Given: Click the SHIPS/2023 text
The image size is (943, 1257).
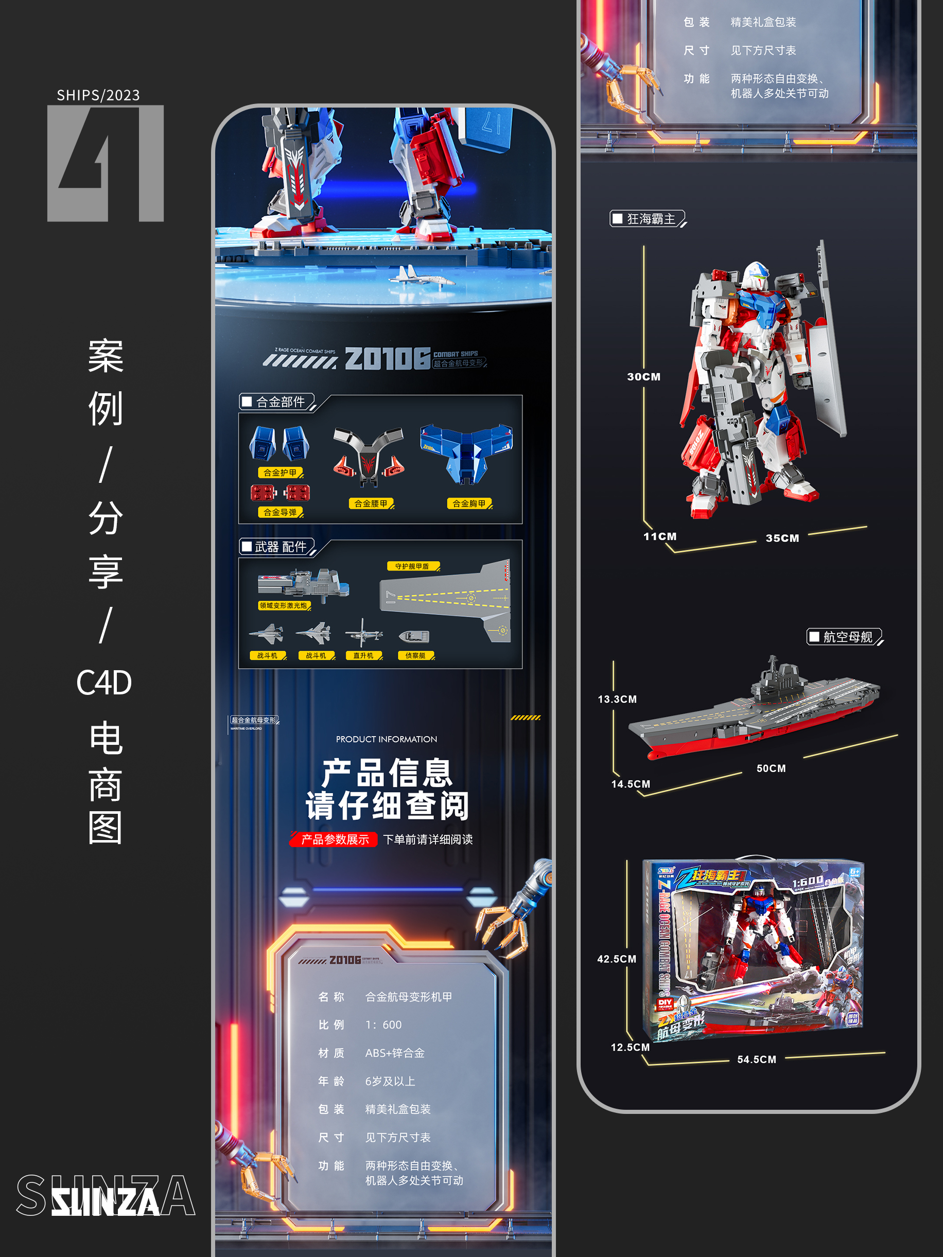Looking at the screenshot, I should tap(98, 95).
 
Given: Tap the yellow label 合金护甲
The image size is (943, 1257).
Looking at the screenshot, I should tap(280, 472).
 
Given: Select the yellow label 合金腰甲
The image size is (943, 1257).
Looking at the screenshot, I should tap(371, 503).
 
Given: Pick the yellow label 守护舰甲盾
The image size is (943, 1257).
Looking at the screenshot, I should tap(413, 566).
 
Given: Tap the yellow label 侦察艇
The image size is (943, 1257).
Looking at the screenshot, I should tap(415, 655).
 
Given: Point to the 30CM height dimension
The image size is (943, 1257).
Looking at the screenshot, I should tap(643, 377).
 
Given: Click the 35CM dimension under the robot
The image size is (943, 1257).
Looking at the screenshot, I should tap(782, 538).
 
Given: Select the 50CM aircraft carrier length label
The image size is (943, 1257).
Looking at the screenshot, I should tap(771, 769).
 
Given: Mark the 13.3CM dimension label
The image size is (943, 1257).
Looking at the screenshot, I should tap(617, 699).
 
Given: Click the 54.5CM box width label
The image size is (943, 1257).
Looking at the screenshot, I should tap(756, 1059).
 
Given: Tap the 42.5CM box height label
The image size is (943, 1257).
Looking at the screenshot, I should tap(616, 958).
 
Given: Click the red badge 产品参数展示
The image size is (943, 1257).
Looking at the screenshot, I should tap(334, 840).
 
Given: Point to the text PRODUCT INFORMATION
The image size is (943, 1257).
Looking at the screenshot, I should tap(386, 739).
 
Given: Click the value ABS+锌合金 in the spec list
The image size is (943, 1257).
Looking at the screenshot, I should tap(394, 1053).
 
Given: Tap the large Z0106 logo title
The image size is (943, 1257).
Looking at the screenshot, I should tap(387, 359).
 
